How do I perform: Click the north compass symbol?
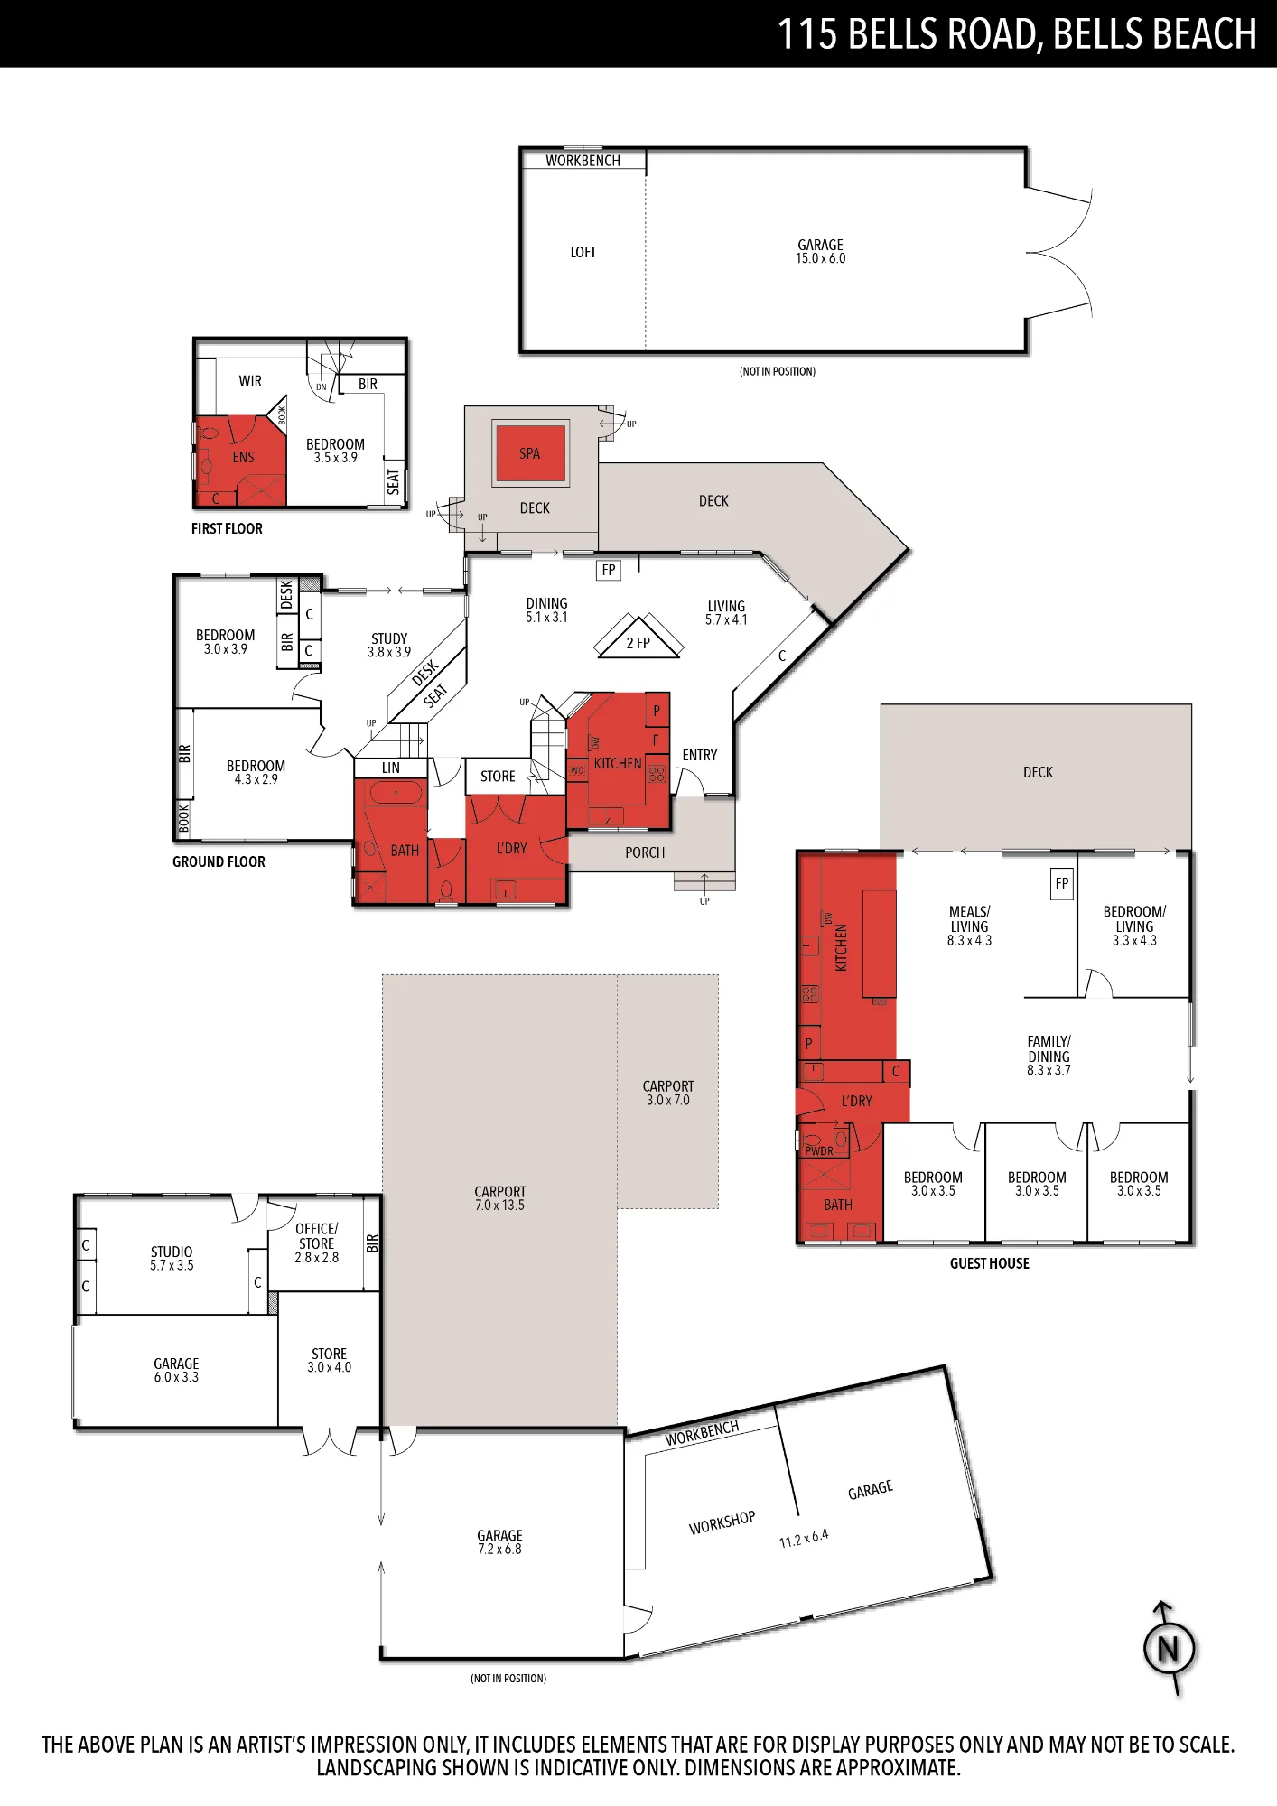(1169, 1649)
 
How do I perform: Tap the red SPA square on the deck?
(530, 453)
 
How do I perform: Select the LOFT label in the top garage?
(583, 252)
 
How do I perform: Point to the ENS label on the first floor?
(244, 457)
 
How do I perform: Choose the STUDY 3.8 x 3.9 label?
(389, 645)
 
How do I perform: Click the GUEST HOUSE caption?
(990, 1263)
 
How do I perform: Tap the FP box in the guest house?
(1062, 883)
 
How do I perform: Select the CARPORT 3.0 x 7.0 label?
(668, 1093)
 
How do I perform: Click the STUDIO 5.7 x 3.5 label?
(172, 1258)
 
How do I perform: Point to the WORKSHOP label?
(722, 1522)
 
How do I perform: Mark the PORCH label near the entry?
(645, 852)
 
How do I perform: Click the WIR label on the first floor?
(250, 381)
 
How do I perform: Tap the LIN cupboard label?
(391, 768)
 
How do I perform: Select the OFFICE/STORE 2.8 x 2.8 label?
(317, 1243)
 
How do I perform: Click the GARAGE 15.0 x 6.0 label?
(821, 251)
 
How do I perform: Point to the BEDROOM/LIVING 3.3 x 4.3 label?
(1134, 926)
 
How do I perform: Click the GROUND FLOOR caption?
(219, 861)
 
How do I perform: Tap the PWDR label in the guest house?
(819, 1151)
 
